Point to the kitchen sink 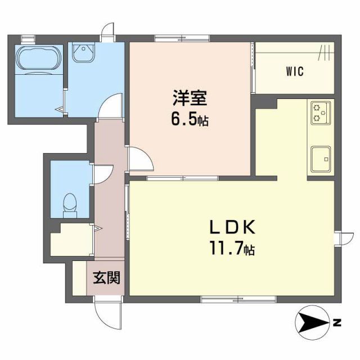click(x=320, y=156)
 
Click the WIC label click(x=294, y=71)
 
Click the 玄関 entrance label click(x=106, y=277)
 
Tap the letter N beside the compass click(x=337, y=322)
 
